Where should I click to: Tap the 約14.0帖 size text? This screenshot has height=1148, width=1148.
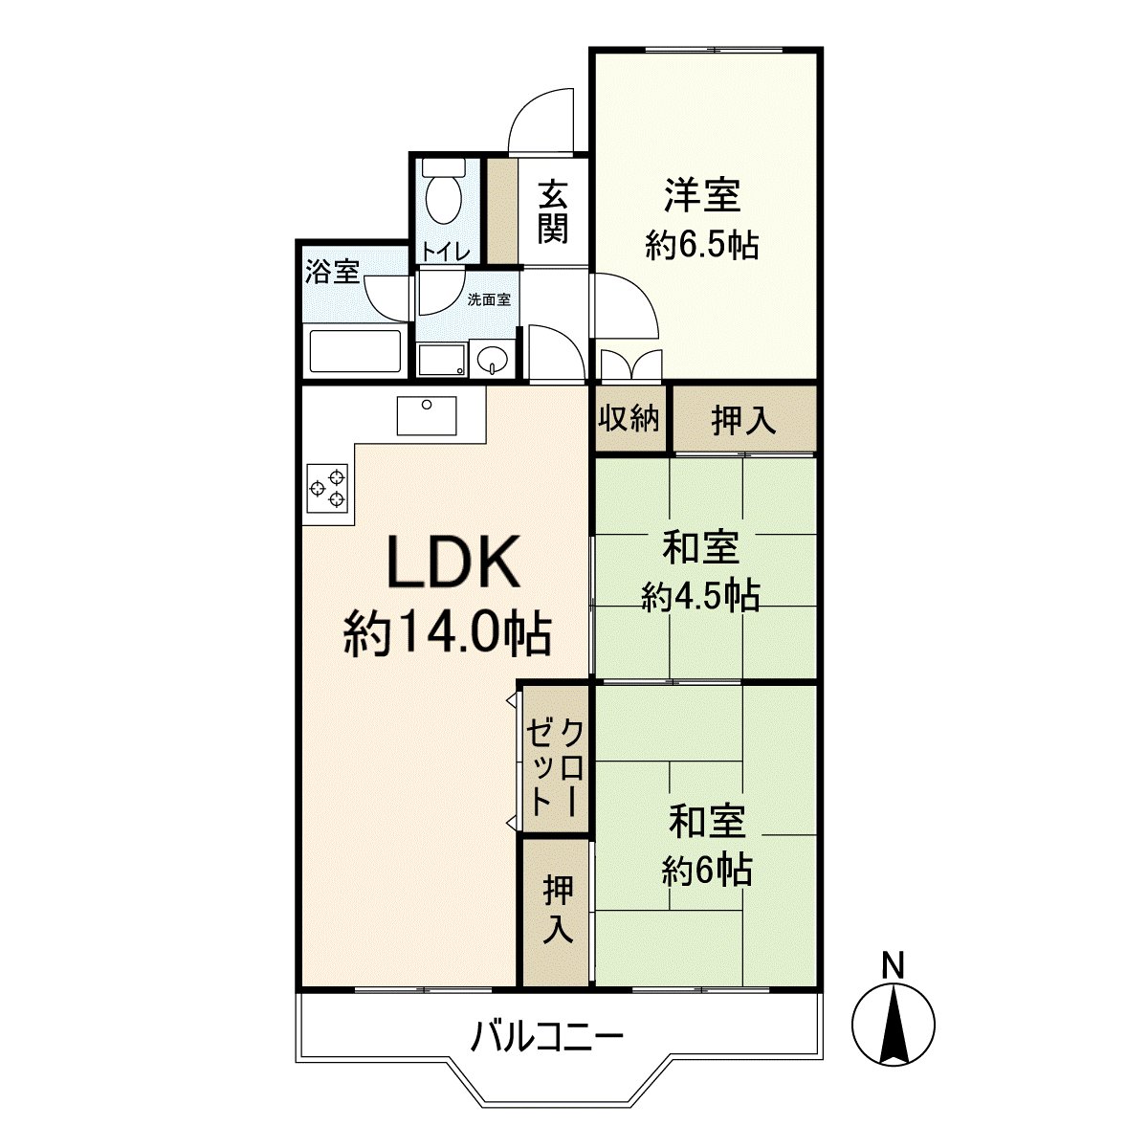447,633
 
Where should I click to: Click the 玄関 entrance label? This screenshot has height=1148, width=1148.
552,212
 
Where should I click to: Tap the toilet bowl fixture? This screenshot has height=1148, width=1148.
442,196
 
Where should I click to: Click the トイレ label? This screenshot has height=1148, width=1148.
446,252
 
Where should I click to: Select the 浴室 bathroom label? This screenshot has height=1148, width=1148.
332,272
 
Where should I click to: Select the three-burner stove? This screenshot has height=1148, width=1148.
327,487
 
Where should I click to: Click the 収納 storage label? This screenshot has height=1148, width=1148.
629,418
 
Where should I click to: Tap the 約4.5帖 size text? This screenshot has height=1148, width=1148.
701,597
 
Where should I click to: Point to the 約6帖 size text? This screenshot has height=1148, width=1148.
707,870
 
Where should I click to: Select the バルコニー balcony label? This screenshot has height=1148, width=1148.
548,1037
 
